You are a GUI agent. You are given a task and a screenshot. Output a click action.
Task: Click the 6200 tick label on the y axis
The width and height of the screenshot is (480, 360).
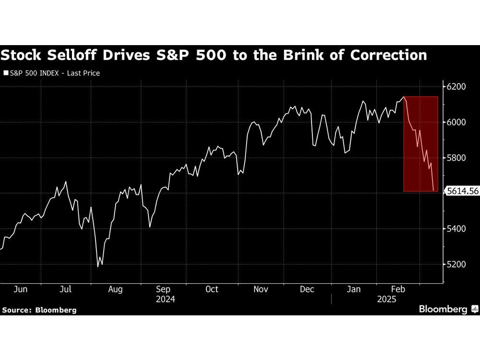tap(456, 87)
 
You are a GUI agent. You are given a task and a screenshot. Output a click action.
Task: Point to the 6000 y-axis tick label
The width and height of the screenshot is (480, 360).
tap(456, 122)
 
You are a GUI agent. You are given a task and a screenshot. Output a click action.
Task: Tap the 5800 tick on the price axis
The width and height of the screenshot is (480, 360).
tap(456, 158)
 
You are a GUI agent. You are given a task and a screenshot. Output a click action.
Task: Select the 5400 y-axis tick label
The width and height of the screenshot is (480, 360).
tap(456, 229)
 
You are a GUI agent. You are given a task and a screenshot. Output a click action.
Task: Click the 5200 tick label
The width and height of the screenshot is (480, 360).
tap(456, 264)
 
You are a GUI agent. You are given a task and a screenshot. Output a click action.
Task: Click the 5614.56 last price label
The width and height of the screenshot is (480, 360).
tap(462, 191)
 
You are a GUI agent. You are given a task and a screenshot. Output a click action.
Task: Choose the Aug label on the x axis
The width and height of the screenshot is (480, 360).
tap(116, 289)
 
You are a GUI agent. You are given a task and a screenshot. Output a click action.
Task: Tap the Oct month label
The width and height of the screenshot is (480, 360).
tap(212, 289)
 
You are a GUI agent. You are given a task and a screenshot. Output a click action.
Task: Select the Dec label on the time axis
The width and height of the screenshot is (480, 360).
tap(307, 289)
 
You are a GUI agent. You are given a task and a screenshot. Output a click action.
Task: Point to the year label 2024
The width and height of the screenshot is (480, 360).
tap(165, 299)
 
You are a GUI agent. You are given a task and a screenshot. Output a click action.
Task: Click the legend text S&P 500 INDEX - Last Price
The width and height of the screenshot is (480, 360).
tap(55, 73)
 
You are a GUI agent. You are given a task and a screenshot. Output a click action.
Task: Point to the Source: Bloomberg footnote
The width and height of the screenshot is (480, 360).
tap(39, 310)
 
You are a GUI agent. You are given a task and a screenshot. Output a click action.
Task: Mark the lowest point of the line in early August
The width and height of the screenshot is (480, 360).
tap(98, 266)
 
